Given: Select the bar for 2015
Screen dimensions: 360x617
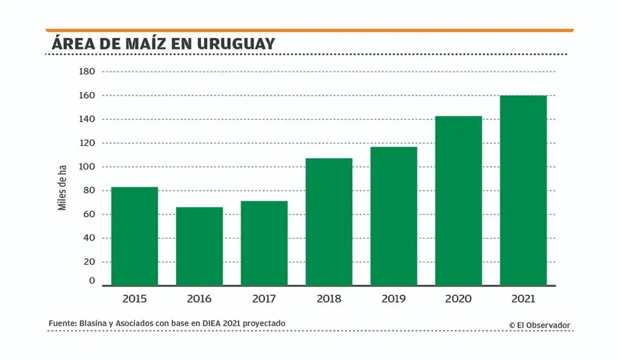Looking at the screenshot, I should (134, 236).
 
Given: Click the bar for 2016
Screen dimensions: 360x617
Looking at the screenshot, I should (199, 246).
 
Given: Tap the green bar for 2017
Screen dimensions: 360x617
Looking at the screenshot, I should (264, 243).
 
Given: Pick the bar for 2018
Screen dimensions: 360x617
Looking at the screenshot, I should (329, 222).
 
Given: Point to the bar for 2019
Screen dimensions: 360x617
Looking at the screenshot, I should (393, 216).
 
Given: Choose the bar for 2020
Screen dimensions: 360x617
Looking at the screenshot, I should (459, 201).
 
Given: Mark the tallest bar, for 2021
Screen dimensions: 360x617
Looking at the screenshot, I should (523, 191).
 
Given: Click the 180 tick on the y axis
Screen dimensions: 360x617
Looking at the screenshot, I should (87, 72).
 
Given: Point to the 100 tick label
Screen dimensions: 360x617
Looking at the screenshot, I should (87, 167).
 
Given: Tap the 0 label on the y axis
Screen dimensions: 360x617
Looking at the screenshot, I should (92, 281).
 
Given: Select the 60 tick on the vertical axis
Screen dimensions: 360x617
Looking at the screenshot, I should (89, 215).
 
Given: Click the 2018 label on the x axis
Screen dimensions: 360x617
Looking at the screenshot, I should (329, 298).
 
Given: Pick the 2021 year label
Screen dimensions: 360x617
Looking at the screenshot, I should (523, 298).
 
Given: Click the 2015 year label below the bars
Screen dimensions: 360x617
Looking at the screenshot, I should (134, 298).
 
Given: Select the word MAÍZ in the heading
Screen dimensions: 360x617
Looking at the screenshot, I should (151, 43).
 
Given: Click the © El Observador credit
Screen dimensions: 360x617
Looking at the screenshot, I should (539, 325).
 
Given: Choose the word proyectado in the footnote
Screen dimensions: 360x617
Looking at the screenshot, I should (264, 324).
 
